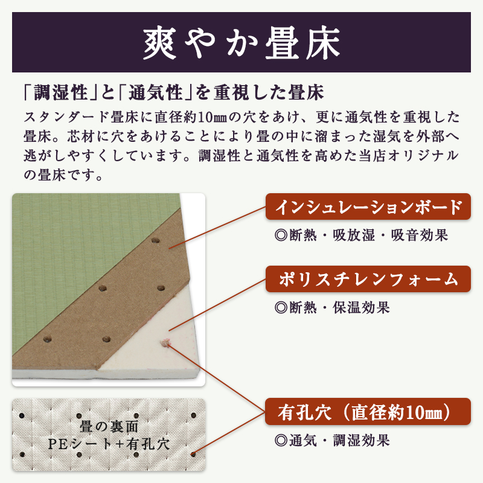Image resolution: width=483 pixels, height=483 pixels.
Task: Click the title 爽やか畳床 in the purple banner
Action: click(241, 42)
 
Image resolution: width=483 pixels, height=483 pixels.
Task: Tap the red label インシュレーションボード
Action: click(368, 207)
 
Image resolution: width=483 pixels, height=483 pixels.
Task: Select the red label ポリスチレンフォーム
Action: click(368, 280)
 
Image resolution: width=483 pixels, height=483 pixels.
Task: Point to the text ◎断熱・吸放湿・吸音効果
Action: click(361, 235)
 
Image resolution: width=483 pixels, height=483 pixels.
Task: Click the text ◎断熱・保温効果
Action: click(332, 307)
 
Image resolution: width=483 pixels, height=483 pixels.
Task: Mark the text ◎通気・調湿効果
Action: click(332, 440)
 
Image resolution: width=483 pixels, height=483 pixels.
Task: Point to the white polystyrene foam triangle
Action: click(157, 356)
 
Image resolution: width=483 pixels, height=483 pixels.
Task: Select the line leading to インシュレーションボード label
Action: click(217, 229)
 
